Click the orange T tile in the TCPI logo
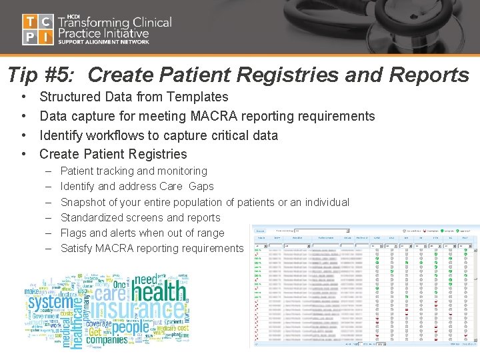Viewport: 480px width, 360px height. pyautogui.click(x=30, y=22)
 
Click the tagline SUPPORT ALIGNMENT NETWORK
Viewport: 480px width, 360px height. pyautogui.click(x=103, y=42)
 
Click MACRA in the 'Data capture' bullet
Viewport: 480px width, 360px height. pyautogui.click(x=213, y=117)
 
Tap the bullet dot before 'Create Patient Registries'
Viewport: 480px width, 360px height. pyautogui.click(x=24, y=155)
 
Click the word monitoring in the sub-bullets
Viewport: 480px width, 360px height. pyautogui.click(x=180, y=171)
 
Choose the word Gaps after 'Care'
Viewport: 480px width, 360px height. pyautogui.click(x=201, y=187)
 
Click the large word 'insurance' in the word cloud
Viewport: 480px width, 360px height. pyautogui.click(x=137, y=309)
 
